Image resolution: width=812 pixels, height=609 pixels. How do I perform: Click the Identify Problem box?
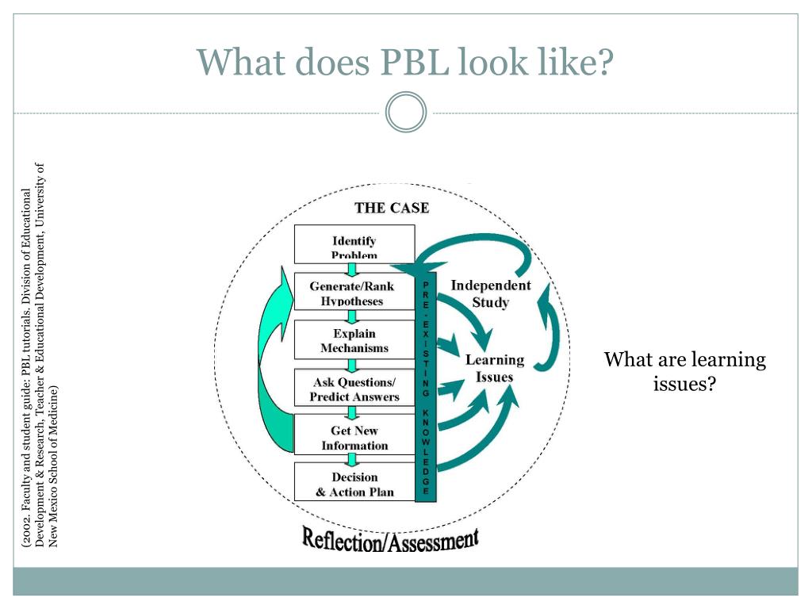354,244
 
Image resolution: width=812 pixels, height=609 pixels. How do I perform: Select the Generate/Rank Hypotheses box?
354,292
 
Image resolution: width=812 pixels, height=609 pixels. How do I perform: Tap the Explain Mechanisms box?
354,339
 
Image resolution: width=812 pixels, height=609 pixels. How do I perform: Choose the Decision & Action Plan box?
354,482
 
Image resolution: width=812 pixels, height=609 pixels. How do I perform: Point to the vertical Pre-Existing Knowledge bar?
426,387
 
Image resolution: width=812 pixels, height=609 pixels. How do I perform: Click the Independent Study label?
490,293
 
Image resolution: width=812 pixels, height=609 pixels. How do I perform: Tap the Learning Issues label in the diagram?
495,368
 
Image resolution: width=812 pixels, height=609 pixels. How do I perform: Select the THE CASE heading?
392,209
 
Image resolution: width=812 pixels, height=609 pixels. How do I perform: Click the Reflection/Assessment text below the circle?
390,539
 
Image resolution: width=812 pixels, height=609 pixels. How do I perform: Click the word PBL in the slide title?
414,62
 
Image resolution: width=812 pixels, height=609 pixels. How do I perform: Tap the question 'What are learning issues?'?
684,371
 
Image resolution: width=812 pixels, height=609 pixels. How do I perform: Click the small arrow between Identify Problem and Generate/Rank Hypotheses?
352,270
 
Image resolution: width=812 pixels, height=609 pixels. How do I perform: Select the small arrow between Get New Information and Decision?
352,460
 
